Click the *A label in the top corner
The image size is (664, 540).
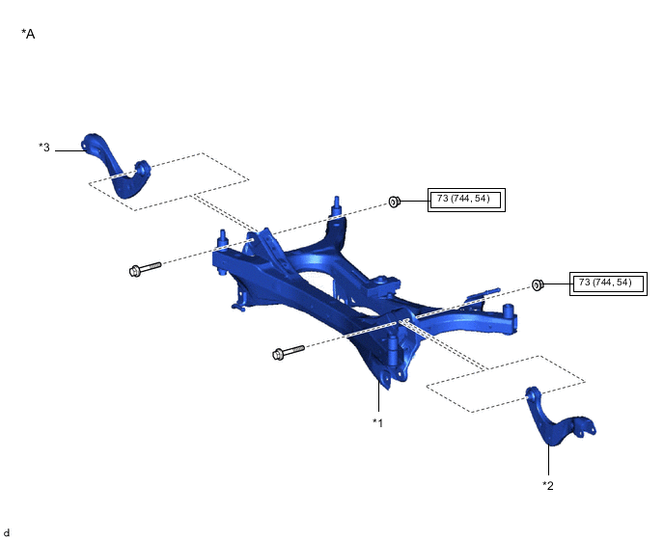(28, 34)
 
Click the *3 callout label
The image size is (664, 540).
(44, 148)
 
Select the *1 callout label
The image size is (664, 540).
(377, 422)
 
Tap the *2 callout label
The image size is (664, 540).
(548, 485)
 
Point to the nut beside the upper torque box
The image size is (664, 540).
(394, 202)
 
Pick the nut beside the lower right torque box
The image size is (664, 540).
(538, 284)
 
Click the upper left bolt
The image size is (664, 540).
(145, 269)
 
